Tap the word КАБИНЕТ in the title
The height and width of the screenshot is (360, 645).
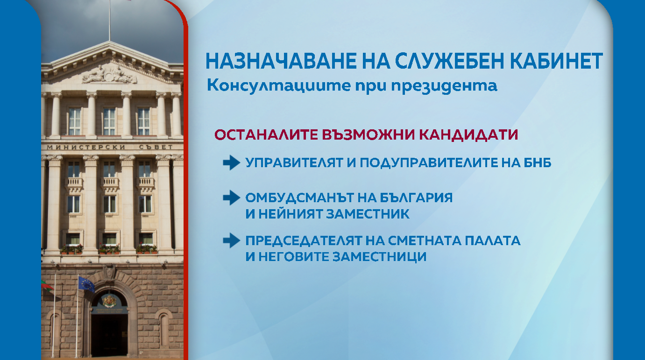click(x=558, y=61)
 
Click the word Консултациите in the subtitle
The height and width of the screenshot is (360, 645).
click(x=279, y=86)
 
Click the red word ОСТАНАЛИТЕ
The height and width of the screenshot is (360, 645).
click(x=266, y=134)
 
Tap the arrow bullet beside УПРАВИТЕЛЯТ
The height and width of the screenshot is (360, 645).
click(x=232, y=162)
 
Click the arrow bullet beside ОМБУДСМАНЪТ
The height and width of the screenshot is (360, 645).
click(x=232, y=198)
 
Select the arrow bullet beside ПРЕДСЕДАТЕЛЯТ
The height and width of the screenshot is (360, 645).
click(x=232, y=240)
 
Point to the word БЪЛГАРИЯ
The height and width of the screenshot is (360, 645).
click(x=416, y=198)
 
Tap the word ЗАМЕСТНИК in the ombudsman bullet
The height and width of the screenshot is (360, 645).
click(x=368, y=214)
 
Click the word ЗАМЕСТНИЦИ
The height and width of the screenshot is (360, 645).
click(x=380, y=257)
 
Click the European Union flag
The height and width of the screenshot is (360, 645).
click(x=86, y=284)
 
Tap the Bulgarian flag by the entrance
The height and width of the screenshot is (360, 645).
click(x=47, y=285)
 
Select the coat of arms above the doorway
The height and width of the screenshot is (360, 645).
click(x=109, y=301)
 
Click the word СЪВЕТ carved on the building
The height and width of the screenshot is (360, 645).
click(x=156, y=147)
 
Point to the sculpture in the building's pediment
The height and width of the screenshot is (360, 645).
click(x=109, y=75)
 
